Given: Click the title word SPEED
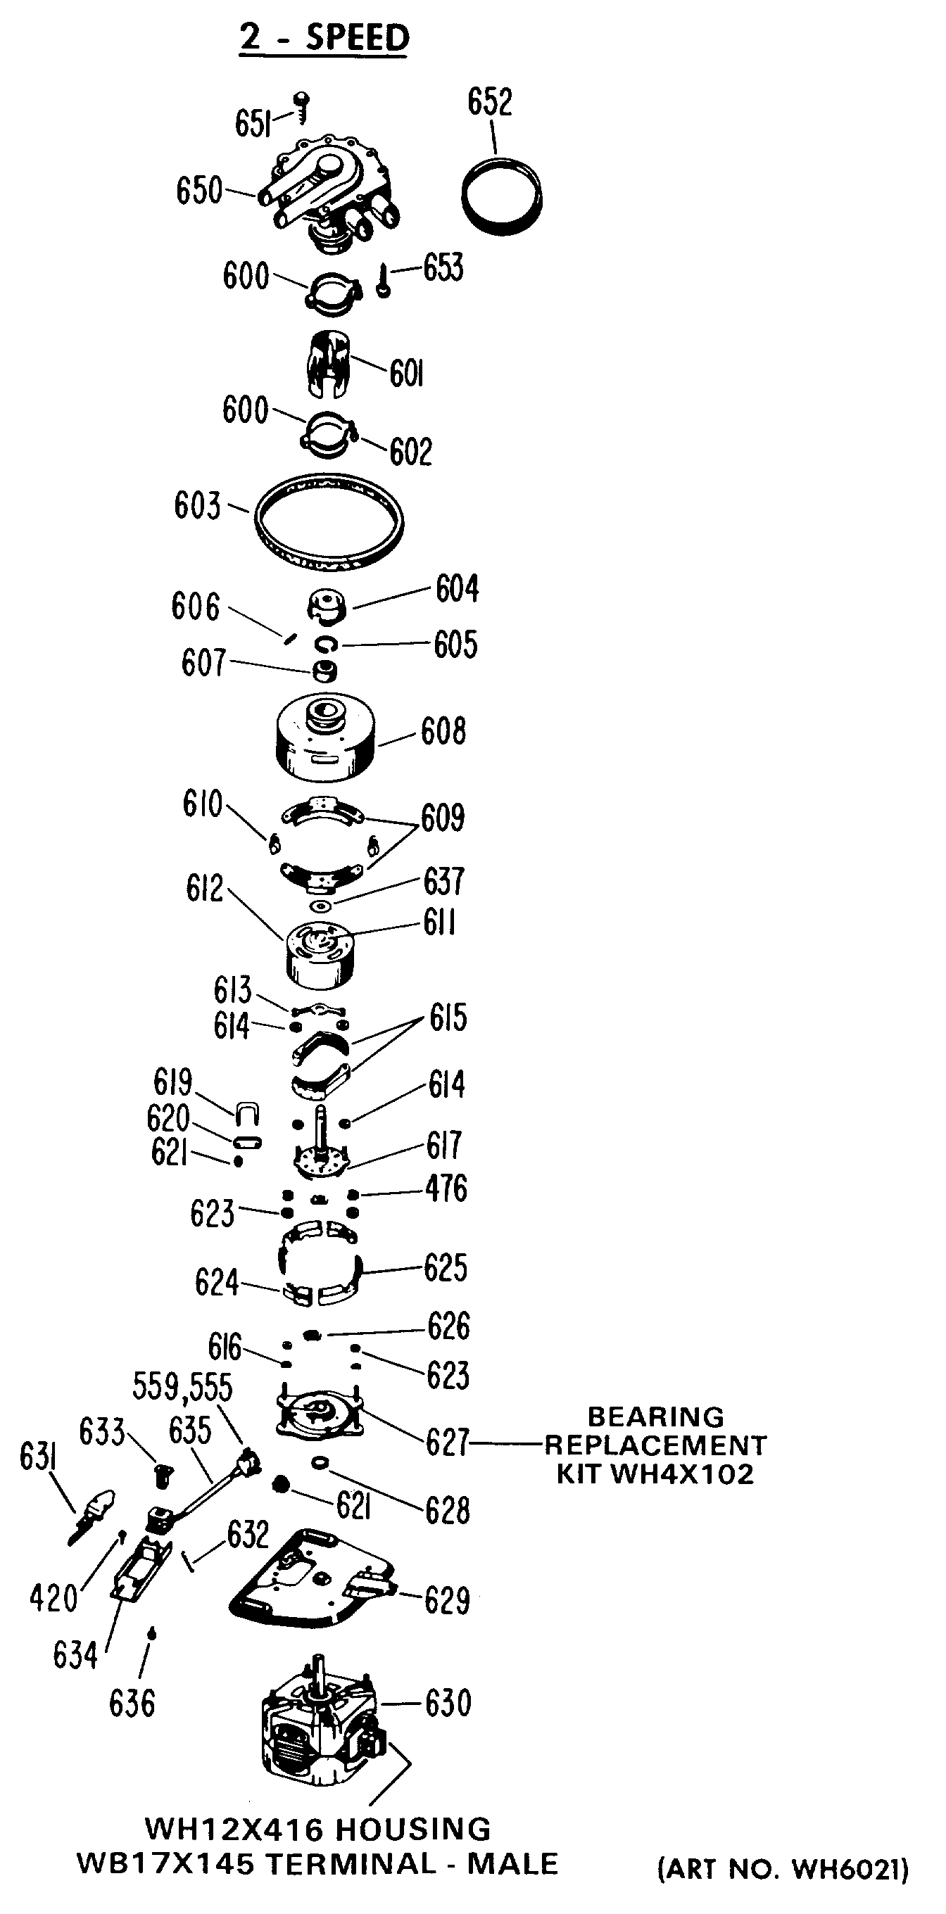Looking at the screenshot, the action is [x=358, y=38].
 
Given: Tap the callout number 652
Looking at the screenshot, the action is [x=490, y=102].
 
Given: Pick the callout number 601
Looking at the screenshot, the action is [x=407, y=373].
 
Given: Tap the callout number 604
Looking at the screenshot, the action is [x=457, y=588].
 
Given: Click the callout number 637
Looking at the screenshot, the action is [x=443, y=882].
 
